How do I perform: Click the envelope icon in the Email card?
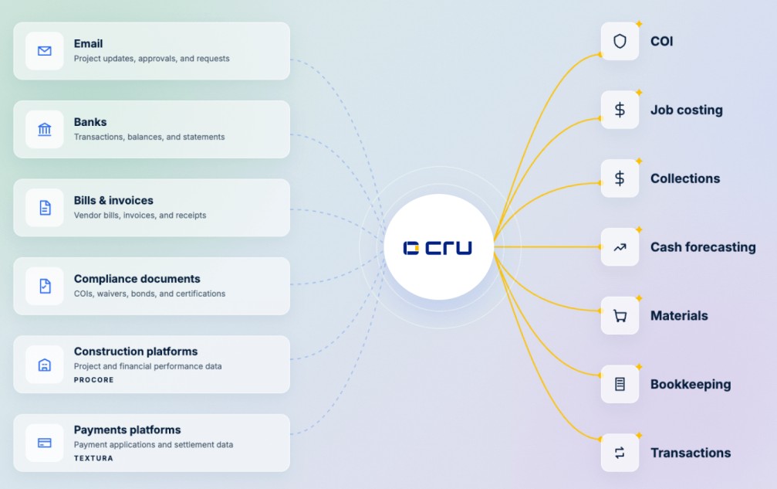(x=45, y=50)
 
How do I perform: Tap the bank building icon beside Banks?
(x=45, y=130)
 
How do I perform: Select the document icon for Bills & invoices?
(x=45, y=208)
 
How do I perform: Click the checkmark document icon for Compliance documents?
(x=45, y=286)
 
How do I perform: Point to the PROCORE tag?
(x=93, y=380)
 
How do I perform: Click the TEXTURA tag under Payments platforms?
(x=93, y=458)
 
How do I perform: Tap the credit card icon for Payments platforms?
(x=45, y=443)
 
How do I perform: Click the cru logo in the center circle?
(x=437, y=247)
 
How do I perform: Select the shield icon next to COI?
(x=620, y=41)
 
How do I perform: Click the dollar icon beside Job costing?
(x=620, y=110)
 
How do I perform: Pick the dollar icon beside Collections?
(x=620, y=178)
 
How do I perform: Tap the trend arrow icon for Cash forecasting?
(x=620, y=247)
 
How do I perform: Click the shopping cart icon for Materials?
(x=620, y=316)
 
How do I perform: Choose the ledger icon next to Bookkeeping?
(x=620, y=385)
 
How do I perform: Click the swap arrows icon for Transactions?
(x=620, y=453)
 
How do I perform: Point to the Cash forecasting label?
(x=703, y=247)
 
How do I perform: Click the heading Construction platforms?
(x=136, y=351)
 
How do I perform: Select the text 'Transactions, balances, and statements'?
(x=149, y=137)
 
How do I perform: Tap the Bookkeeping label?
(x=691, y=385)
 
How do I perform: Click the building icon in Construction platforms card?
(x=45, y=365)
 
